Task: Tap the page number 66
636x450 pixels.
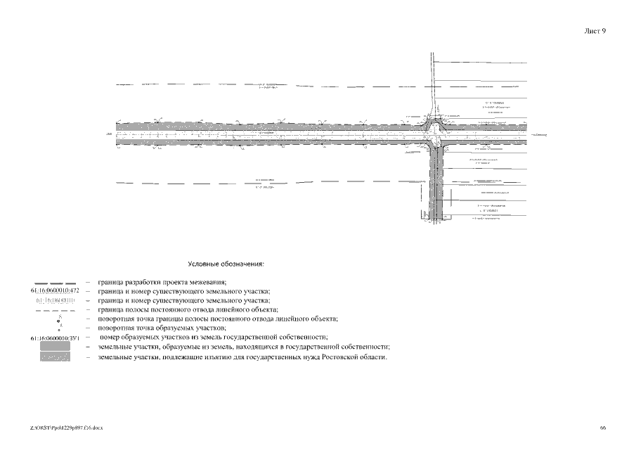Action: point(604,427)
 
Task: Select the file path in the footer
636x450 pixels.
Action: point(67,427)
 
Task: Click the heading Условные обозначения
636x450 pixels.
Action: point(226,265)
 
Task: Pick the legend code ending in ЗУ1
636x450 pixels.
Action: point(55,339)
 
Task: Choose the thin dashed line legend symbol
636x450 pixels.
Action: point(55,310)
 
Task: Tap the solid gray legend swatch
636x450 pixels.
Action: point(55,347)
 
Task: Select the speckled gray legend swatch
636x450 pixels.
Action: point(55,357)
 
